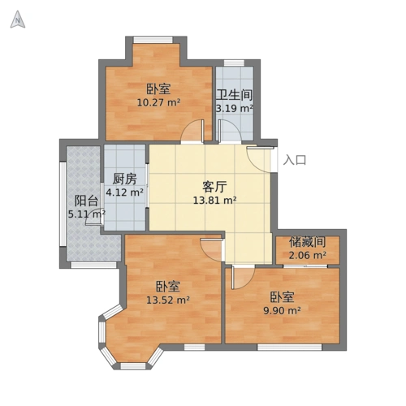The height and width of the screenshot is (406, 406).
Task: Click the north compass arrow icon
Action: (18, 19)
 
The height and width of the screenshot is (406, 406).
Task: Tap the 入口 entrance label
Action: (295, 160)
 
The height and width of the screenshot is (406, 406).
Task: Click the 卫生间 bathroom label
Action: (235, 95)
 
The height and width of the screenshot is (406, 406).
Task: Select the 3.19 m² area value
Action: (235, 109)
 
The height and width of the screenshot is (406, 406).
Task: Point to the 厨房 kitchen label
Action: (125, 179)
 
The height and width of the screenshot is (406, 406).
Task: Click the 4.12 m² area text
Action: (125, 192)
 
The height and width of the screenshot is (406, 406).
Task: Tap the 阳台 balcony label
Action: (86, 201)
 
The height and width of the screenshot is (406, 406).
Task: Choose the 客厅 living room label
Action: (214, 187)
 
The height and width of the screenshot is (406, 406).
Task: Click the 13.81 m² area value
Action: (215, 201)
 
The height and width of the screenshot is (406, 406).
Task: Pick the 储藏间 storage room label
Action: (307, 242)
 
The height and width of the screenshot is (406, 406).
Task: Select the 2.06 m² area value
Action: (307, 255)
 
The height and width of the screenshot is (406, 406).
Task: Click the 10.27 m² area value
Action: (159, 102)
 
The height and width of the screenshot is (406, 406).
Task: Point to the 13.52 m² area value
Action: (168, 300)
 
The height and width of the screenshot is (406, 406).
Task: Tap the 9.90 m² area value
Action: (282, 310)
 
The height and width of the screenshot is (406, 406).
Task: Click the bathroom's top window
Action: (234, 63)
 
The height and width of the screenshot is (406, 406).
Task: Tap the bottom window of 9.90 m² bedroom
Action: (290, 347)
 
